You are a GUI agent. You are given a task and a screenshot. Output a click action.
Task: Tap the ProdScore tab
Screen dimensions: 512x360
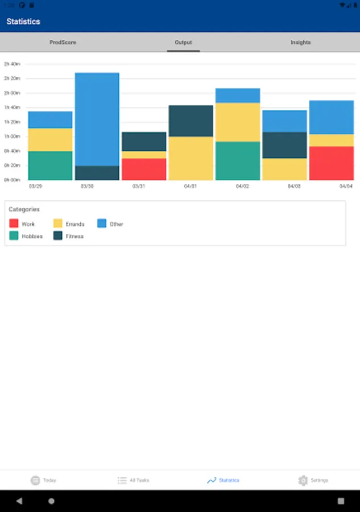pyautogui.click(x=63, y=43)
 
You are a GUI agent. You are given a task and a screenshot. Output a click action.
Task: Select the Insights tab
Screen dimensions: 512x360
pyautogui.click(x=300, y=43)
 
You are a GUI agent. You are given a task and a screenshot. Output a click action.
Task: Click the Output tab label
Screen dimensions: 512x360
pyautogui.click(x=183, y=43)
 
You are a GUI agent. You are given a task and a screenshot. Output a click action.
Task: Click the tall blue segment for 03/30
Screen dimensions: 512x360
pyautogui.click(x=97, y=119)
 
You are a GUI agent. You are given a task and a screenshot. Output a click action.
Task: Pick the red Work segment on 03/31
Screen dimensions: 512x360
pyautogui.click(x=144, y=169)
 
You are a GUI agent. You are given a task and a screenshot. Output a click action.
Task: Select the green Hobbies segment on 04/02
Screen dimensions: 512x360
pyautogui.click(x=238, y=160)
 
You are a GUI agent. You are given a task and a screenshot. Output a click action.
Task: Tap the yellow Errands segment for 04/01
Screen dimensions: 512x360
pyautogui.click(x=191, y=158)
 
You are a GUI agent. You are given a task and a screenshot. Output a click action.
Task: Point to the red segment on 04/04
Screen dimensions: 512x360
pyautogui.click(x=331, y=163)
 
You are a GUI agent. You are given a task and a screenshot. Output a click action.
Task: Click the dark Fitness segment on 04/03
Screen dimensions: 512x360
pyautogui.click(x=284, y=145)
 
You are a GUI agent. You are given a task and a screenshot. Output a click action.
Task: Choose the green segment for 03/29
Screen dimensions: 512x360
pyautogui.click(x=50, y=166)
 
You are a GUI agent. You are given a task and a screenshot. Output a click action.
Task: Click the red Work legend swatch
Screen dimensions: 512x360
pyautogui.click(x=14, y=224)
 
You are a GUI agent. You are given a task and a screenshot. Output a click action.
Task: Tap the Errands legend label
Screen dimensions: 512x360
pyautogui.click(x=75, y=224)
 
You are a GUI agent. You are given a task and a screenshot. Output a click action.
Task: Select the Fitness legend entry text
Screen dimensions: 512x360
pyautogui.click(x=75, y=236)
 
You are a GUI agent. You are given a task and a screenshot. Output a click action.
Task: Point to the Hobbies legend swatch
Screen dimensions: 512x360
pyautogui.click(x=14, y=236)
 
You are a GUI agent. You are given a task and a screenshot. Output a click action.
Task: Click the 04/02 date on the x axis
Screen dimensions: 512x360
pyautogui.click(x=242, y=186)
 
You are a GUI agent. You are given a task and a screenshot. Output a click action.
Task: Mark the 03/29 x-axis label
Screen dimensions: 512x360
pyautogui.click(x=35, y=186)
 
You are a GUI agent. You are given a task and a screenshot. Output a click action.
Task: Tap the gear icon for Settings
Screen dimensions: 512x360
pyautogui.click(x=303, y=480)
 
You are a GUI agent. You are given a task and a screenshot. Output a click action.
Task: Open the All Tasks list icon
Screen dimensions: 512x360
pyautogui.click(x=122, y=480)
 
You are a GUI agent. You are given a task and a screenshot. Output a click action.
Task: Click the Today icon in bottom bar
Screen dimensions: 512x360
pyautogui.click(x=35, y=480)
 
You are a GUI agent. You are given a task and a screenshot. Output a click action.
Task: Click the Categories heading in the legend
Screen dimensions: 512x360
pyautogui.click(x=24, y=209)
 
